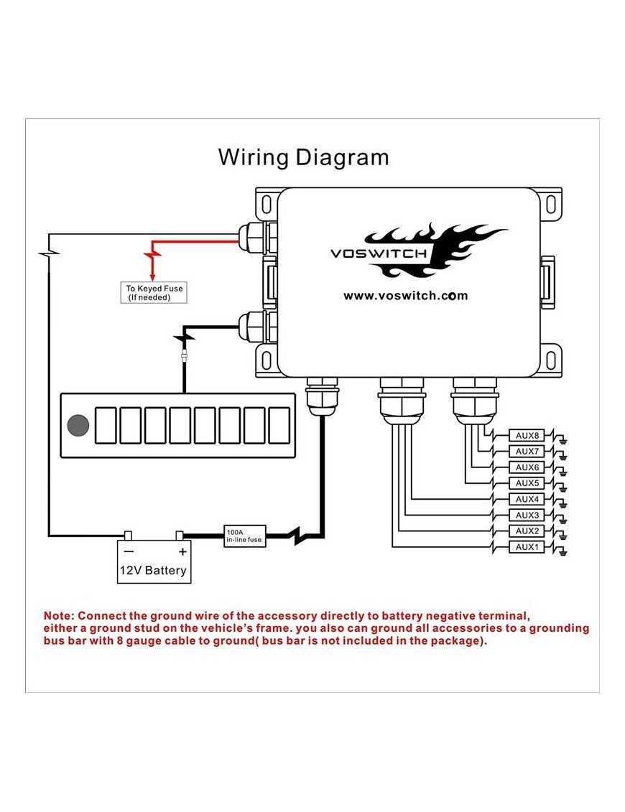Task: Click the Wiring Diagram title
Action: (303, 157)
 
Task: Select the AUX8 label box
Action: (527, 435)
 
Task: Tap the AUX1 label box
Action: (527, 547)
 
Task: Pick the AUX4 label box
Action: (527, 499)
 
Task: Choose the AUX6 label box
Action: (527, 467)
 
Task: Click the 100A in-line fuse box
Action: (245, 536)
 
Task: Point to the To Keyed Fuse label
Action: (154, 292)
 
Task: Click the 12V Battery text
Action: (153, 571)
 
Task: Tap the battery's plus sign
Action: (182, 551)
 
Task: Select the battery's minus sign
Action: (129, 551)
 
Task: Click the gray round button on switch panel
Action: (78, 426)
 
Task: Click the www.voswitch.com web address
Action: (405, 295)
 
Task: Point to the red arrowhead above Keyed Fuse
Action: (152, 276)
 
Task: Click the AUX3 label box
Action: (527, 515)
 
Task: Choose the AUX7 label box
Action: (527, 451)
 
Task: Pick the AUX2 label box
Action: (527, 531)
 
